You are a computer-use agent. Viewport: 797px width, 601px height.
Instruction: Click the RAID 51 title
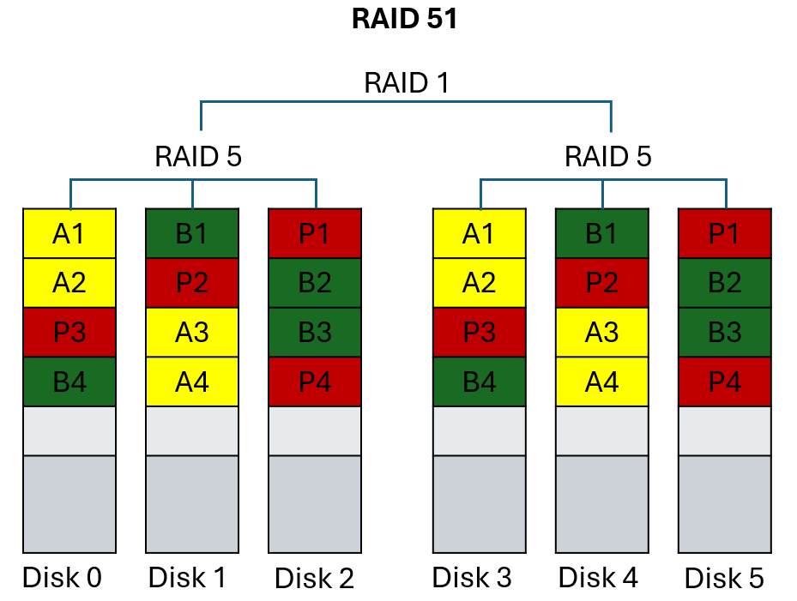[x=404, y=19]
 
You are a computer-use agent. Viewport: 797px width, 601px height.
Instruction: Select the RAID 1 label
[x=406, y=83]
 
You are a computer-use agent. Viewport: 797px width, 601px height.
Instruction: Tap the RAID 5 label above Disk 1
[x=198, y=157]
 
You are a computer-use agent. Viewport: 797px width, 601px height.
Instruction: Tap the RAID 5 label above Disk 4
[x=608, y=157]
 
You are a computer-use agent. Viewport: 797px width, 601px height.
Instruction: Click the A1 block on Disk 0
[x=69, y=233]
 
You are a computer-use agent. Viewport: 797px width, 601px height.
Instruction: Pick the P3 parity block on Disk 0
[x=69, y=333]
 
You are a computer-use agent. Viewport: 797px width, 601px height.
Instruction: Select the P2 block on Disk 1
[x=192, y=283]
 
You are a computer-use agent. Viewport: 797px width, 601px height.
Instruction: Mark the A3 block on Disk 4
[x=601, y=333]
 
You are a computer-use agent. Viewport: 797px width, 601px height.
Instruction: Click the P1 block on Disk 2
[x=315, y=233]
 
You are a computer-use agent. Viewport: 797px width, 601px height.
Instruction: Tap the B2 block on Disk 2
[x=315, y=283]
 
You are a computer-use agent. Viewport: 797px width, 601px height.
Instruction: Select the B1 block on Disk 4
[x=601, y=233]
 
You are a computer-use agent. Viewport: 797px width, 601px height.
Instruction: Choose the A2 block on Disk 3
[x=479, y=283]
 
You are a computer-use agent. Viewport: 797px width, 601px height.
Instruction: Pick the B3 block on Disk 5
[x=724, y=333]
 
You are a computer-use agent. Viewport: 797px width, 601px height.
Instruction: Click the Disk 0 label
[x=62, y=578]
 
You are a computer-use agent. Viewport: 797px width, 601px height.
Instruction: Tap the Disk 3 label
[x=472, y=578]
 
